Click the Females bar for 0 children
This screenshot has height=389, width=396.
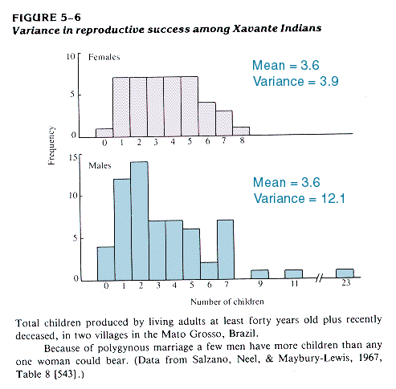104,133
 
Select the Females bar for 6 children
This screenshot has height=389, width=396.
206,120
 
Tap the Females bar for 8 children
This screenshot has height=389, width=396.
241,131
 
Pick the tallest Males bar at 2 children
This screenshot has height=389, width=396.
140,221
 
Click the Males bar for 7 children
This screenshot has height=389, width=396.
226,249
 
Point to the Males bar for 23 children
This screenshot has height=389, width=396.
345,274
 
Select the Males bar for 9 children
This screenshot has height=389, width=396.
259,274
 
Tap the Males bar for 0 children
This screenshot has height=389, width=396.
106,264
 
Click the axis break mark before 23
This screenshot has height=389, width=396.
319,278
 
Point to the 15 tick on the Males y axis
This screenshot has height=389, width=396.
73,157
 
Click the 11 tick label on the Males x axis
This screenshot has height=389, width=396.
294,283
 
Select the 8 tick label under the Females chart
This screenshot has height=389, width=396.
242,140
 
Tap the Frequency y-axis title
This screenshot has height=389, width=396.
51,145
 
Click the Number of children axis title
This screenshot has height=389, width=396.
227,302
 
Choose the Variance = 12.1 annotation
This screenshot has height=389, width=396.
300,199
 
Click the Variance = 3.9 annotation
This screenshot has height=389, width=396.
296,81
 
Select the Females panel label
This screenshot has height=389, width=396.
104,57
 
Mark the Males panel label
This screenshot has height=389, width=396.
100,166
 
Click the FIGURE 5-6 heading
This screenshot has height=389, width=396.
47,18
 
